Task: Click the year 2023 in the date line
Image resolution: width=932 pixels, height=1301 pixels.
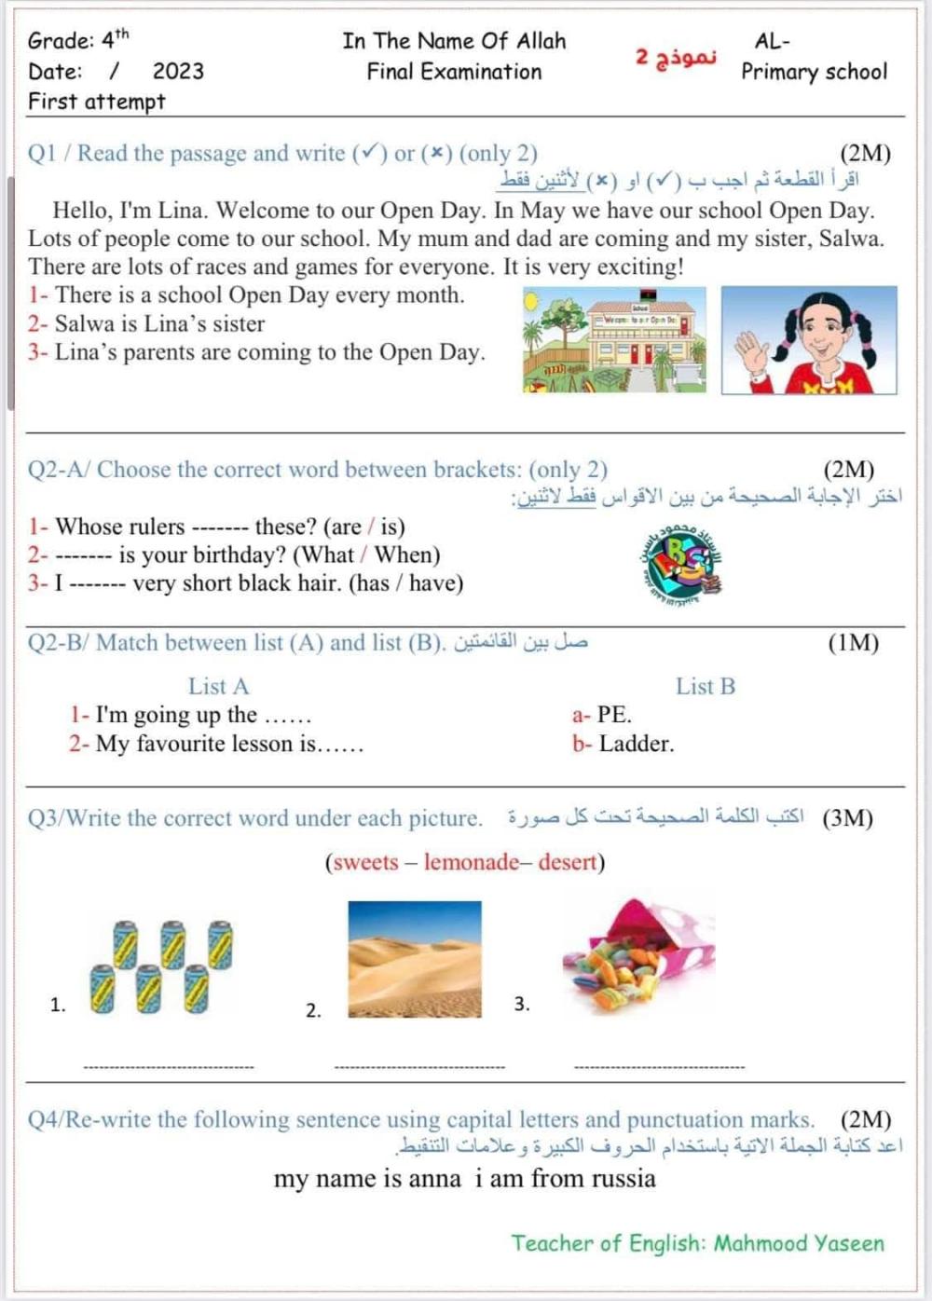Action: pos(178,72)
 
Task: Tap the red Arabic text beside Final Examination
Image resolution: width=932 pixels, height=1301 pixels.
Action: pos(676,56)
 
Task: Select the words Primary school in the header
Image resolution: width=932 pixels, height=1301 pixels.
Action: pos(814,72)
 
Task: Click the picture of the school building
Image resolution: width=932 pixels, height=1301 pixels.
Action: pos(614,339)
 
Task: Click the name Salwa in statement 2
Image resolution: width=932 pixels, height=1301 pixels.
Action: pos(86,324)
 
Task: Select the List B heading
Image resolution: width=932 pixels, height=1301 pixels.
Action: pos(705,687)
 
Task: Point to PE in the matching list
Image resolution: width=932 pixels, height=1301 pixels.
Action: pos(613,716)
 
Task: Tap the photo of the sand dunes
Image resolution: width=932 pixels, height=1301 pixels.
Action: pos(415,959)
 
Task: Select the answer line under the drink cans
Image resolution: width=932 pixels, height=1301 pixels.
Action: pos(169,1066)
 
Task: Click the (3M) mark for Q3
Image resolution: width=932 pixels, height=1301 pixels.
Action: pos(847,818)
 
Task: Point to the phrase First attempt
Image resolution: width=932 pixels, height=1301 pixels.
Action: pos(96,102)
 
